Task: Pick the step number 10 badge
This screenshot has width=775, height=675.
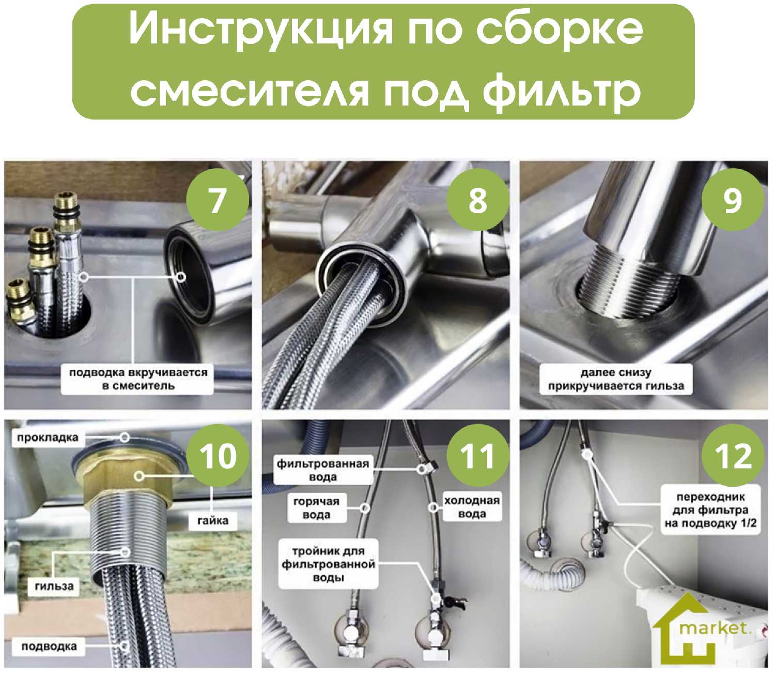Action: click(x=218, y=456)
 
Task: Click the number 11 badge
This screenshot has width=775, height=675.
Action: click(x=477, y=456)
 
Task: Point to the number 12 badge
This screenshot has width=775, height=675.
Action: click(x=733, y=456)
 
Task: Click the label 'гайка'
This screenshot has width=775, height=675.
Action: click(x=213, y=520)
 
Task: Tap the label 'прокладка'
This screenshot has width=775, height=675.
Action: click(x=48, y=438)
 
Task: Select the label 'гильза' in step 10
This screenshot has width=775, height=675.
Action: click(x=54, y=587)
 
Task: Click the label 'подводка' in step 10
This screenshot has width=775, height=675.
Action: click(x=49, y=647)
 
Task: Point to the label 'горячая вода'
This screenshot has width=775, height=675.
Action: click(x=316, y=508)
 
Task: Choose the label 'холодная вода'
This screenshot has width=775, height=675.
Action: click(x=472, y=507)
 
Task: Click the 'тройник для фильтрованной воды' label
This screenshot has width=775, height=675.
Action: click(x=329, y=564)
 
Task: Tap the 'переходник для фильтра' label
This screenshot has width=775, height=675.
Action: click(x=710, y=510)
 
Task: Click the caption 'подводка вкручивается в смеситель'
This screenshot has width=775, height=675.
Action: click(x=138, y=379)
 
